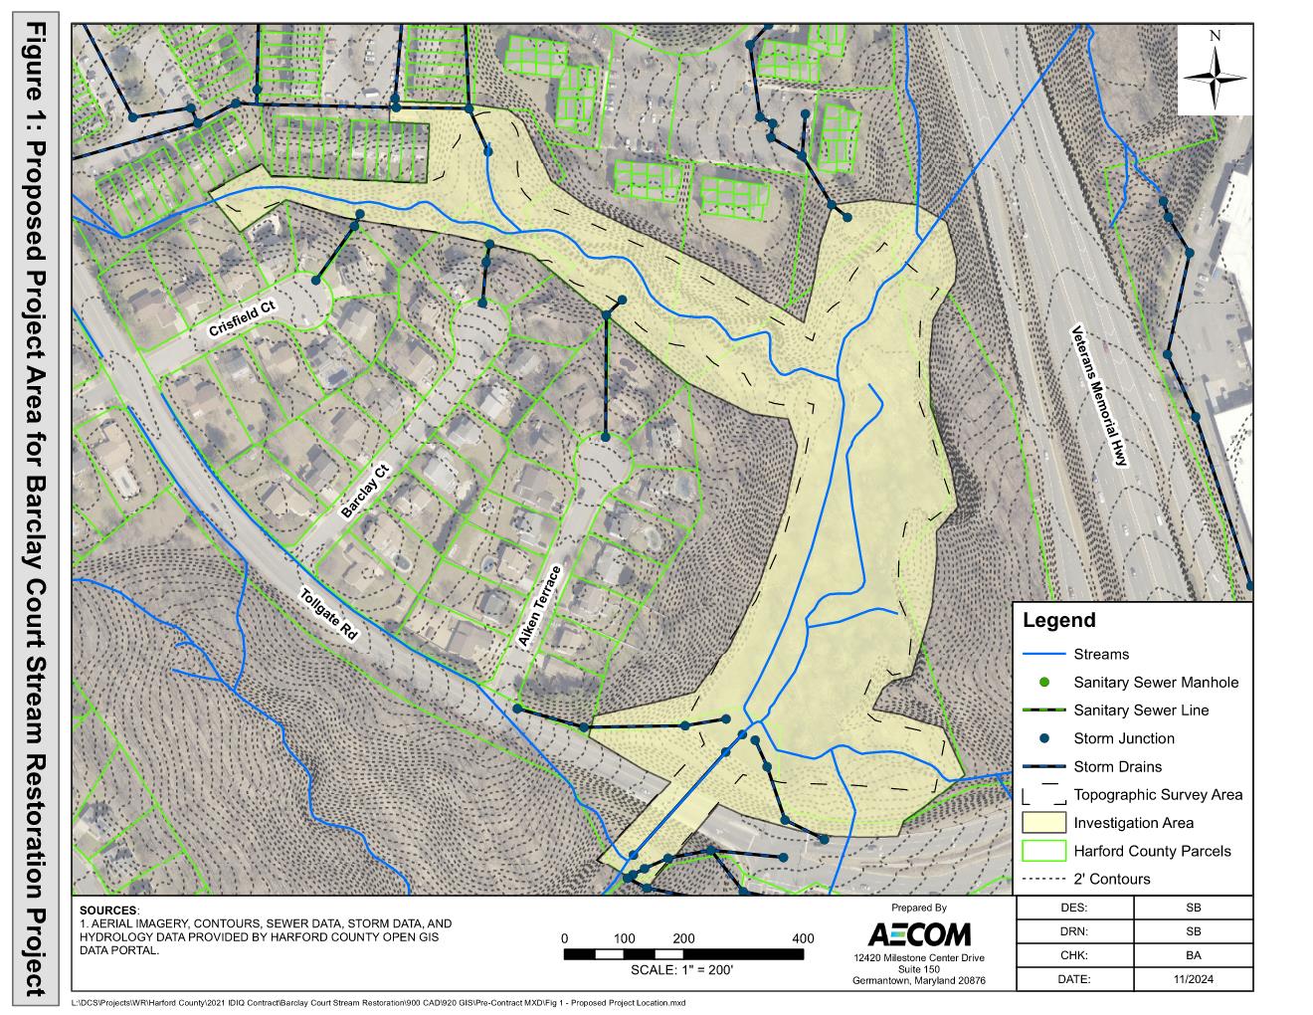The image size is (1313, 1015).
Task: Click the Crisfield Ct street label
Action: click(x=241, y=321)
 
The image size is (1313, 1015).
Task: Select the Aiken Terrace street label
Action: click(x=539, y=607)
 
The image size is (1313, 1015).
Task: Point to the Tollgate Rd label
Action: click(x=327, y=619)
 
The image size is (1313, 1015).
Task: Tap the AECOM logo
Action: click(x=918, y=935)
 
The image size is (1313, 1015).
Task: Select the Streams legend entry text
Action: click(x=1101, y=654)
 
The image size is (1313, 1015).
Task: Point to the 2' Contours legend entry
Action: click(x=1111, y=879)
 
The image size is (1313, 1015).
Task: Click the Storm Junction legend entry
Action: click(x=1124, y=738)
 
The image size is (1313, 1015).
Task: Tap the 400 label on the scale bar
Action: click(x=802, y=938)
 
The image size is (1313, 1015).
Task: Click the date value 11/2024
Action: click(x=1193, y=979)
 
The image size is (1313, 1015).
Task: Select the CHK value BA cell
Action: click(x=1193, y=955)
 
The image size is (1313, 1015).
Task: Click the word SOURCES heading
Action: click(x=108, y=911)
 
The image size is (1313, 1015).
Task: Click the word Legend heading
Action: click(x=1058, y=621)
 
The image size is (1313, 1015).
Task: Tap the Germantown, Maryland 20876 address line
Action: click(x=918, y=980)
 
